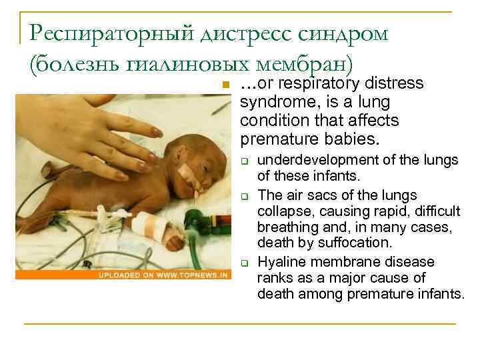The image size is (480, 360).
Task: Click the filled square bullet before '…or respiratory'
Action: point(226,85)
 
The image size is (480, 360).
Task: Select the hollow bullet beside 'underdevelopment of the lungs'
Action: point(245,161)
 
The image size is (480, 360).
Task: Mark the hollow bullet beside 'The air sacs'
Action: point(245,196)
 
